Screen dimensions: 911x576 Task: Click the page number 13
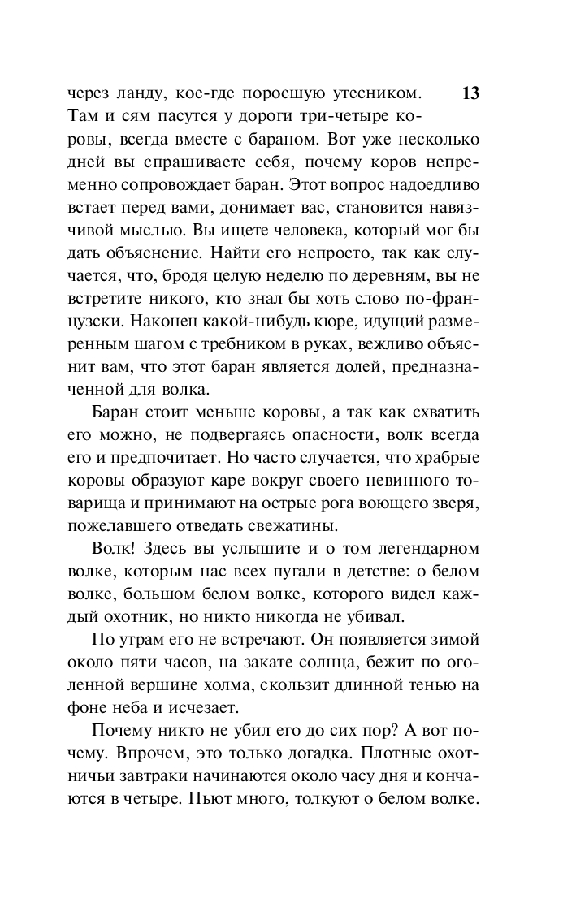[470, 92]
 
